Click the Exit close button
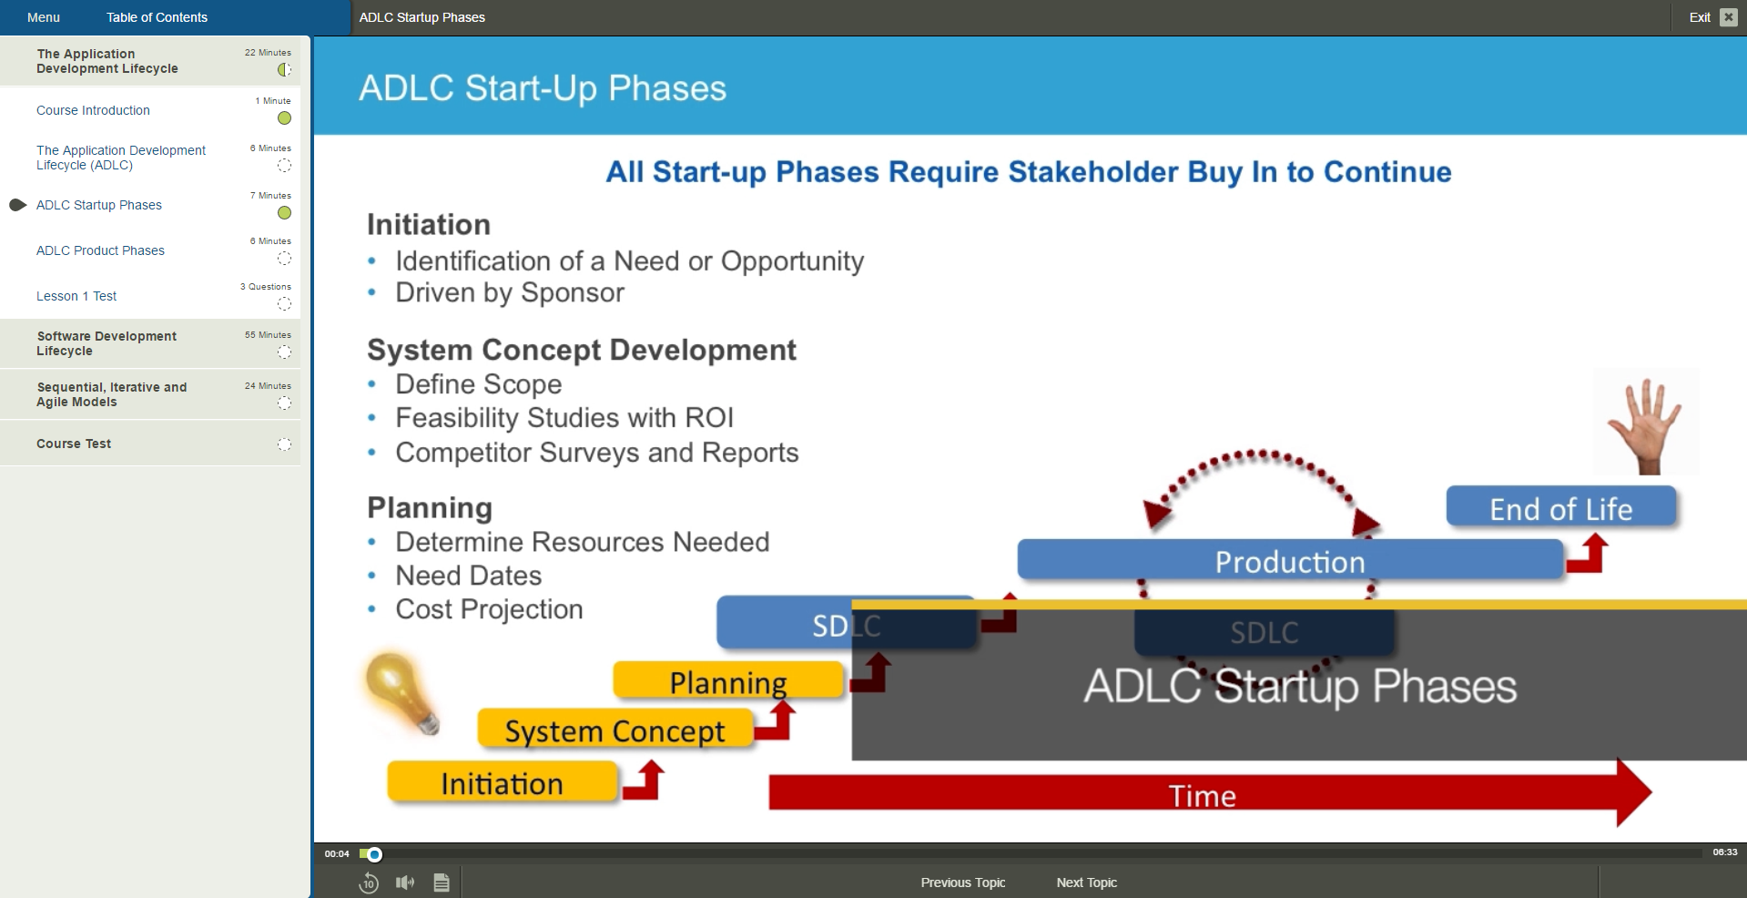click(x=1728, y=17)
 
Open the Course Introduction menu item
click(x=93, y=110)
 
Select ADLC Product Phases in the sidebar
click(x=100, y=250)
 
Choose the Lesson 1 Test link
click(x=76, y=296)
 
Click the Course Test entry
click(x=74, y=444)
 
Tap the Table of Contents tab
click(x=157, y=17)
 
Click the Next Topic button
click(x=1086, y=883)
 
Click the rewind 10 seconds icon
click(x=369, y=883)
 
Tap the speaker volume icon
click(x=405, y=883)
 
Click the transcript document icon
click(x=442, y=883)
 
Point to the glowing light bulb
click(x=401, y=692)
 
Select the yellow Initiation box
click(x=503, y=783)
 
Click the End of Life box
click(x=1560, y=507)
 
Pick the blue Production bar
click(x=1290, y=560)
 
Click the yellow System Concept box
click(x=615, y=730)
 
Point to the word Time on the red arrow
click(x=1203, y=796)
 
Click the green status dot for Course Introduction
click(x=284, y=118)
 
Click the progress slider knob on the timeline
click(x=374, y=854)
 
